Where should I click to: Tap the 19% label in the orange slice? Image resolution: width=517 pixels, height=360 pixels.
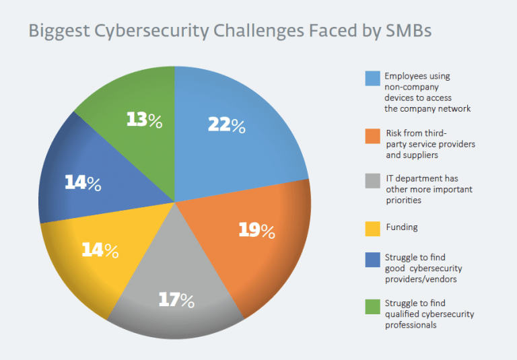[x=256, y=231]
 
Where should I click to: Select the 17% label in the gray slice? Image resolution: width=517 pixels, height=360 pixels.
[x=176, y=300]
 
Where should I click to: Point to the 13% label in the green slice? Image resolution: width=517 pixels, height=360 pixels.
[x=144, y=120]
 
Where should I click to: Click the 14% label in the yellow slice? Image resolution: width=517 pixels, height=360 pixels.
[x=100, y=250]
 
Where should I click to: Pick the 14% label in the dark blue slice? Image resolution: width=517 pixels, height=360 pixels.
[x=82, y=182]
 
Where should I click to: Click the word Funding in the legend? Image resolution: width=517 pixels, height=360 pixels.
[x=401, y=227]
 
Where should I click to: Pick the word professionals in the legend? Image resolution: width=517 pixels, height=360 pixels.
[x=411, y=325]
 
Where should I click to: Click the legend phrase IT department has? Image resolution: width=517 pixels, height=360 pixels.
[x=422, y=179]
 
